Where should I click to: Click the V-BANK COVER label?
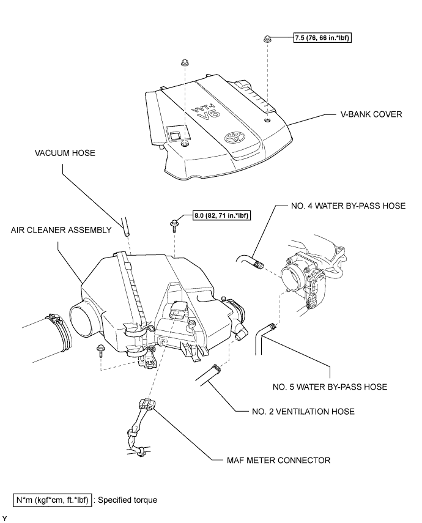(x=371, y=114)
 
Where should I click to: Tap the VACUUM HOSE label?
(x=65, y=153)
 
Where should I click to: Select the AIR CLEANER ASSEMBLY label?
(x=61, y=230)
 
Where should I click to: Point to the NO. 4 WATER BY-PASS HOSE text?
(x=348, y=206)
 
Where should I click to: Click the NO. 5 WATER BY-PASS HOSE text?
(x=330, y=387)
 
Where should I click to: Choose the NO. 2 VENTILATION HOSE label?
(x=303, y=412)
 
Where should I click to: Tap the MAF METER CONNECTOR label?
(x=278, y=460)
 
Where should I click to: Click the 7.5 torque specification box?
(x=322, y=38)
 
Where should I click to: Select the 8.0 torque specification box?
(x=222, y=215)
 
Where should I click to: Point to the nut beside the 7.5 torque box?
(x=267, y=39)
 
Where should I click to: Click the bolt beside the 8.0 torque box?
(x=174, y=225)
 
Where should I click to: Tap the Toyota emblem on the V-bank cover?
(x=233, y=138)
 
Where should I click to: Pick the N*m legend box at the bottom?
(x=53, y=500)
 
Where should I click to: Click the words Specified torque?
(x=128, y=500)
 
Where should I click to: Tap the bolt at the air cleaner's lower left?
(x=100, y=351)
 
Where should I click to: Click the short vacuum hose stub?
(x=125, y=227)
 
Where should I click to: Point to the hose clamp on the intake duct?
(x=60, y=330)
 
